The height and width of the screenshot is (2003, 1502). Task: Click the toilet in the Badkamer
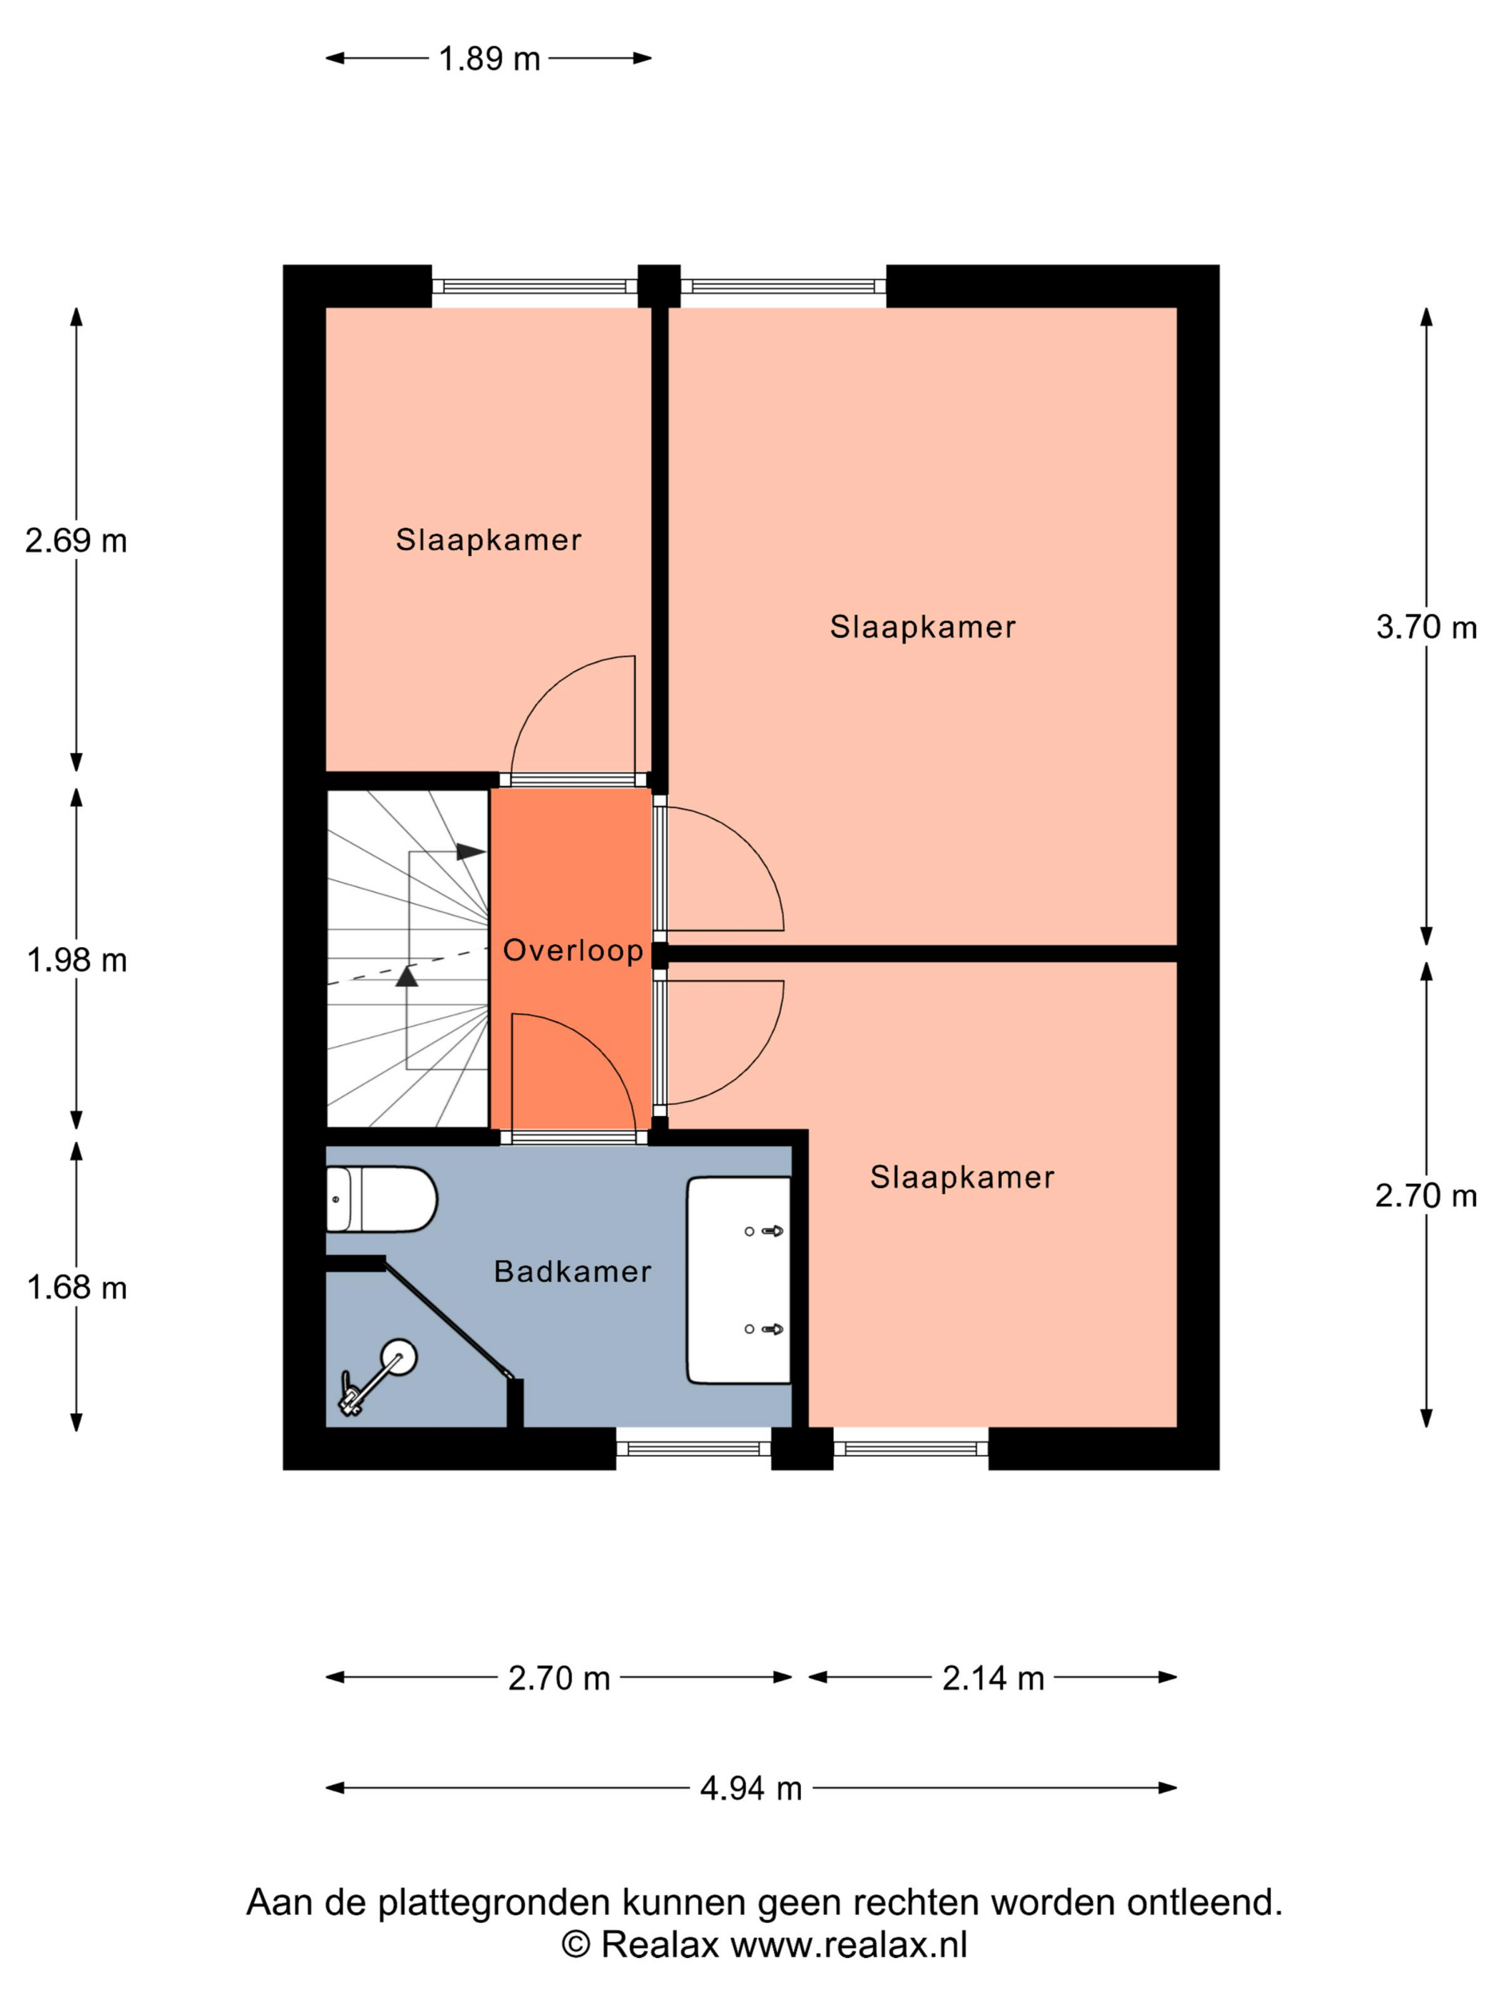(x=381, y=1199)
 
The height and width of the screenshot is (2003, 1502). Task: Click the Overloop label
(x=572, y=951)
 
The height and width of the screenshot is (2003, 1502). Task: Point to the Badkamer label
(x=572, y=1272)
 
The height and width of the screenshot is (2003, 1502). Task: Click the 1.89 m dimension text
(x=489, y=59)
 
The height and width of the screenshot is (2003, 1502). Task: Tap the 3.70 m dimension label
(x=1426, y=627)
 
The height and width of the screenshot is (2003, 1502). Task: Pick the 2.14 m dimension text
(x=993, y=1678)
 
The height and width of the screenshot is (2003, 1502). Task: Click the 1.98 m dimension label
(x=77, y=960)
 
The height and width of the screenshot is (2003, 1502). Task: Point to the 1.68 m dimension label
(x=77, y=1288)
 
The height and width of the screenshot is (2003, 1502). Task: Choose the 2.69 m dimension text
(x=76, y=541)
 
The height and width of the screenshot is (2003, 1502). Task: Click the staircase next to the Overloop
(x=408, y=959)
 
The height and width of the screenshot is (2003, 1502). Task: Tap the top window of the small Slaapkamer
(x=534, y=286)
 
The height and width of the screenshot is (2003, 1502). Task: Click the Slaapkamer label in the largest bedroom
(x=923, y=627)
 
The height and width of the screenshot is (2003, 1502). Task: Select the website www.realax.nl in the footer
(x=848, y=1944)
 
